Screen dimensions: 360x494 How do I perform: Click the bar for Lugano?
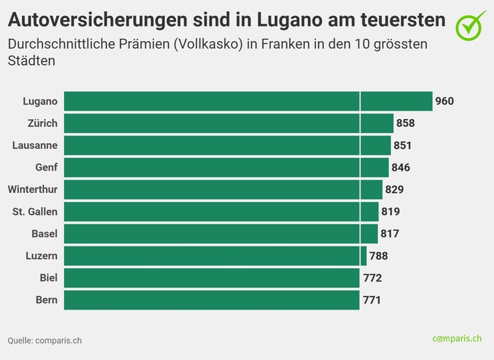pos(248,102)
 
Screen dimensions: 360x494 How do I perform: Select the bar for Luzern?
pos(215,256)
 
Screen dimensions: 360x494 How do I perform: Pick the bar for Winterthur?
pos(223,189)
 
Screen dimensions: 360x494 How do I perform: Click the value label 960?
pos(445,102)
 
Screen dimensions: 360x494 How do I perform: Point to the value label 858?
pos(406,123)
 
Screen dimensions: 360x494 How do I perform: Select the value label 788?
pos(379,256)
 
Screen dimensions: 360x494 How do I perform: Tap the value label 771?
pos(372,300)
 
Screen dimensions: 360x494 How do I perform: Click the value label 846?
pos(401,167)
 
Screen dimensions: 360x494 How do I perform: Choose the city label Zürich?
pos(41,123)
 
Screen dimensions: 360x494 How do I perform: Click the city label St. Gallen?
pos(35,212)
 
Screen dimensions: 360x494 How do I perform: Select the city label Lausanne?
pos(35,146)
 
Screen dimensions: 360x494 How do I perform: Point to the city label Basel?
pos(45,233)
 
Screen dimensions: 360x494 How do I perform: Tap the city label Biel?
pos(48,278)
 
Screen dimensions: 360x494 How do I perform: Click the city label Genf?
pos(46,167)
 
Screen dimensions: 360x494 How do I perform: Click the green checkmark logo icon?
pos(471,24)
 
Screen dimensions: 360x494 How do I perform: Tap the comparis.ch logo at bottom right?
pos(456,338)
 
